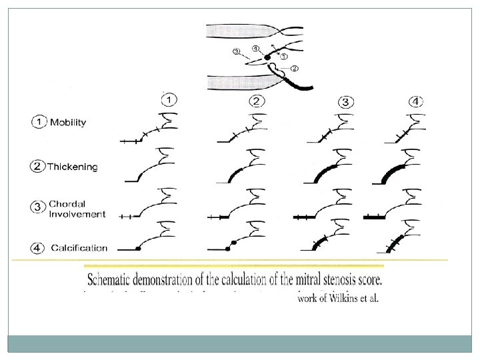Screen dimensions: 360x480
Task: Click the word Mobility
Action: (69, 123)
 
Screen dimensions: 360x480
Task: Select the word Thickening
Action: (72, 167)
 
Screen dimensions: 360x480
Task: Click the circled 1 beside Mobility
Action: (38, 123)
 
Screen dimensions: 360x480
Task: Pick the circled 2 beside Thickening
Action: (38, 167)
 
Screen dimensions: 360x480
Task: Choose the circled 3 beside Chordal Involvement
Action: (38, 207)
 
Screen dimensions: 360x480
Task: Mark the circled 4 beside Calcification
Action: (38, 247)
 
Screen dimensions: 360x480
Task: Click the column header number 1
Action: (169, 101)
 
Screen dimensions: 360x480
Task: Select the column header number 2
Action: (257, 102)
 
